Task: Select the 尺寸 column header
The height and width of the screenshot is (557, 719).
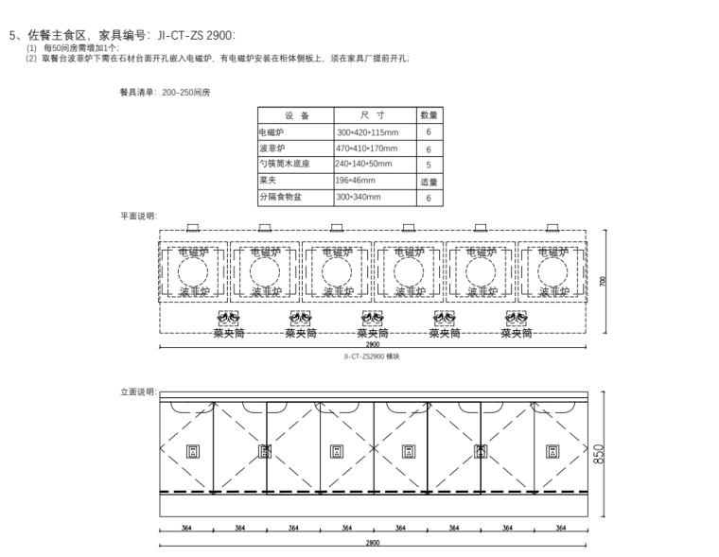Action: coord(372,114)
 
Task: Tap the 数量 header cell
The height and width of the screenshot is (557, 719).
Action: coord(429,114)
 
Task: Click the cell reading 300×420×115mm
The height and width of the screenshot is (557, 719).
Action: coord(368,132)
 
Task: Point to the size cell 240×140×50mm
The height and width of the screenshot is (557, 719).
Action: coord(367,165)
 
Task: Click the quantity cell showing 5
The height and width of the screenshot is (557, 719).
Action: coord(429,165)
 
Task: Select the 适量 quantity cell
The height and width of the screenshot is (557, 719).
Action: coord(429,182)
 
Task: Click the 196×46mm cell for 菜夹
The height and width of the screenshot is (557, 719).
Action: coord(356,181)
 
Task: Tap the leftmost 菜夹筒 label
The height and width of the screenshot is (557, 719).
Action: coord(229,333)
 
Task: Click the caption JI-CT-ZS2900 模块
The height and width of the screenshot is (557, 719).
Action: coord(372,357)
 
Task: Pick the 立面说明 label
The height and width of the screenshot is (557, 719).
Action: coord(139,391)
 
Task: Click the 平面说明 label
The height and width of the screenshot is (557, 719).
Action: coord(139,217)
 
